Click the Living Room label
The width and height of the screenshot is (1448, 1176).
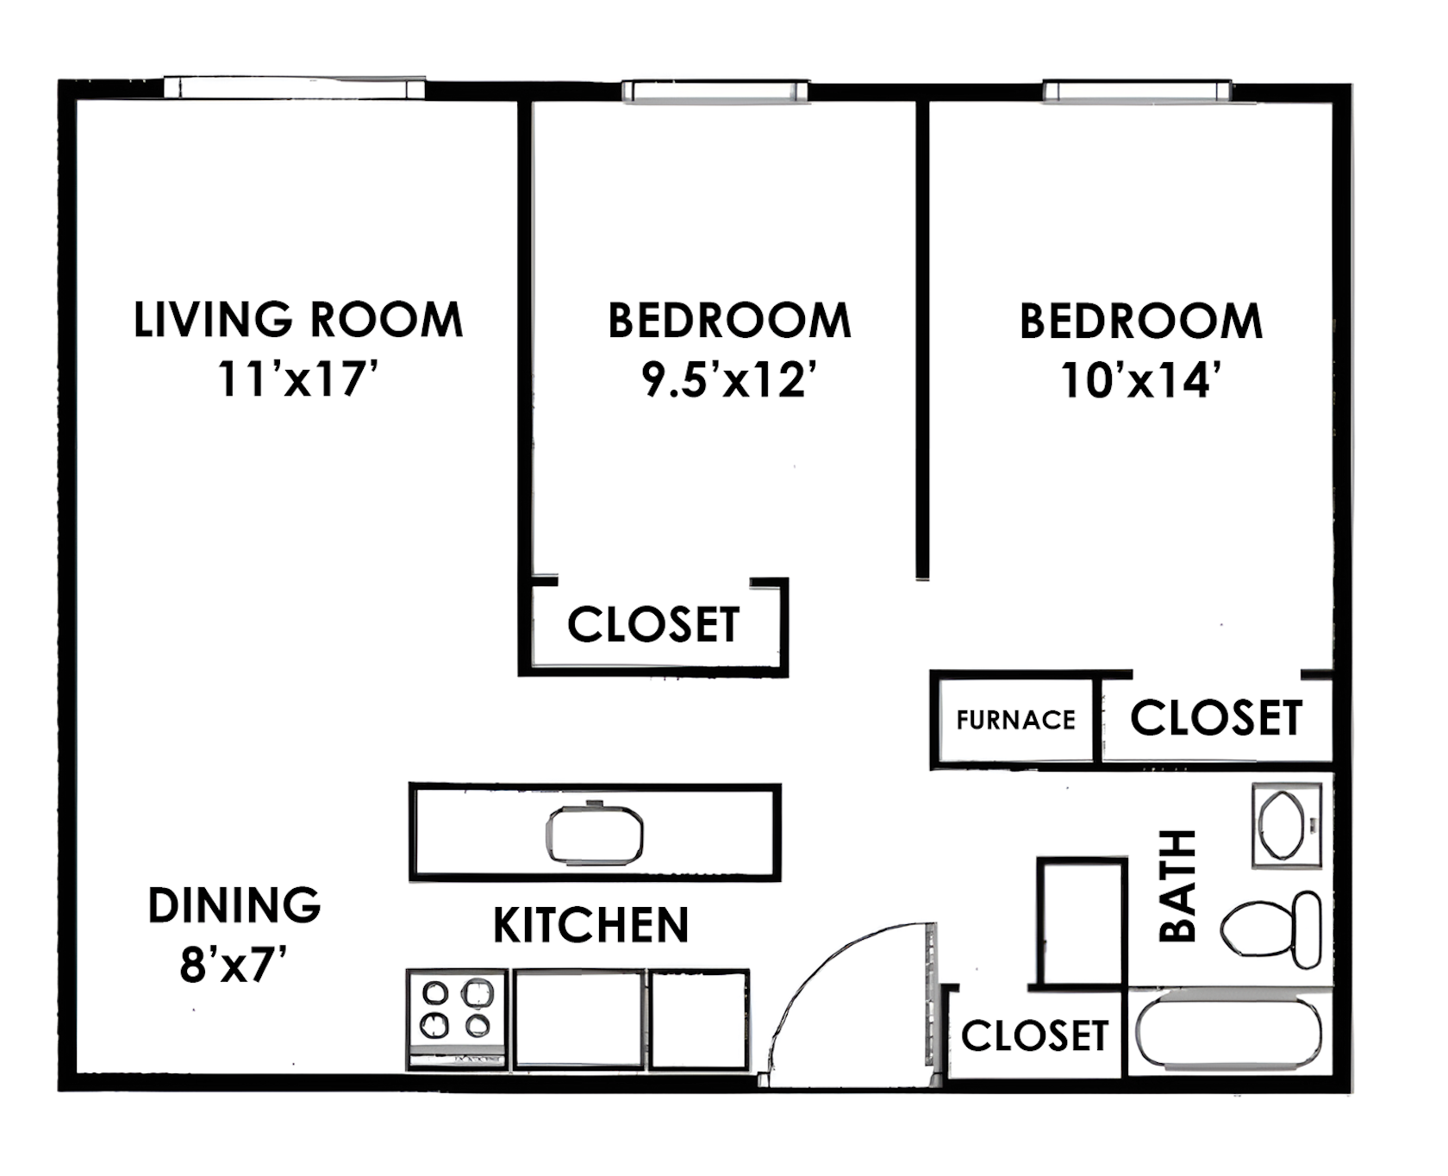click(x=298, y=320)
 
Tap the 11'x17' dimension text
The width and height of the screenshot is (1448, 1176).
click(x=298, y=378)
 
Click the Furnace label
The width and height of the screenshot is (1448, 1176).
click(x=1015, y=720)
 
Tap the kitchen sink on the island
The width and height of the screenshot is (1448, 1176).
click(x=595, y=835)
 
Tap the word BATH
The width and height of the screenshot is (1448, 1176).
click(x=1177, y=885)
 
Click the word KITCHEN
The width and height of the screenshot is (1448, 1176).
click(x=591, y=925)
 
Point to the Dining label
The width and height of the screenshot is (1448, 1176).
click(x=234, y=905)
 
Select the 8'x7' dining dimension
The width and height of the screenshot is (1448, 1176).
click(x=233, y=965)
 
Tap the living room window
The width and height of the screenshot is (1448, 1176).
click(x=294, y=87)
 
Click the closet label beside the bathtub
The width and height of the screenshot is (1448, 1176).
click(x=1034, y=1035)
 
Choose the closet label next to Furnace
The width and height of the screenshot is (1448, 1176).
click(x=1215, y=718)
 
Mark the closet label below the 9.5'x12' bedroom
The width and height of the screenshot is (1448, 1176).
click(x=653, y=624)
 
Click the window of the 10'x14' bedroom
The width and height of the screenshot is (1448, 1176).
click(x=1137, y=91)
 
